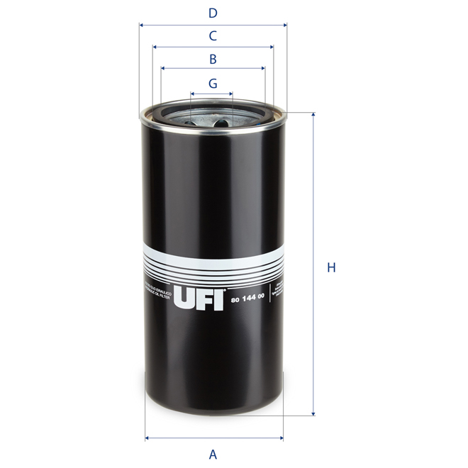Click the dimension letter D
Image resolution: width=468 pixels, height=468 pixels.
[x=212, y=13]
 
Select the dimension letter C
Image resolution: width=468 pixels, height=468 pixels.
[x=212, y=35]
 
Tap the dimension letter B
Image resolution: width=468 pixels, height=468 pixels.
[x=212, y=59]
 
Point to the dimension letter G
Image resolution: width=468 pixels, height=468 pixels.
[x=213, y=83]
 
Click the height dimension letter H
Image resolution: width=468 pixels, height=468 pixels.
[x=330, y=268]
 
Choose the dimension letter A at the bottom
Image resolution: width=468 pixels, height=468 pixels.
[x=212, y=454]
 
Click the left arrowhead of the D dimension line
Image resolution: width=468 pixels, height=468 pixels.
[x=141, y=25]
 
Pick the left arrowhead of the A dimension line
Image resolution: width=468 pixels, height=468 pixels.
[x=147, y=438]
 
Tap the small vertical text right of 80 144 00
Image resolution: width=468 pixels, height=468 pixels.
[x=278, y=292]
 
